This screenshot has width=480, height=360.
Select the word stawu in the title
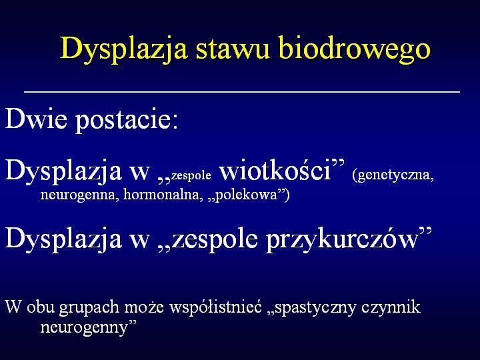[x=233, y=49]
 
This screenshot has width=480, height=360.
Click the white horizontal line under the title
[x=242, y=91]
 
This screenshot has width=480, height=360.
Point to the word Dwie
[x=36, y=118]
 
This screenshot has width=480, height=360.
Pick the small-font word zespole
[x=191, y=175]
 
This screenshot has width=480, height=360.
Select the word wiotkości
[x=275, y=170]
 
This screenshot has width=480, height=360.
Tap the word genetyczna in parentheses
[x=395, y=175]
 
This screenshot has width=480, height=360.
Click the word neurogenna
[x=79, y=195]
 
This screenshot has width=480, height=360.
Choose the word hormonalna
[x=163, y=194]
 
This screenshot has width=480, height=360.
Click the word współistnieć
[x=216, y=307]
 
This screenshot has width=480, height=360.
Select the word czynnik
[x=391, y=307]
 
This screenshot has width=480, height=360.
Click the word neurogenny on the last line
[x=83, y=328]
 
